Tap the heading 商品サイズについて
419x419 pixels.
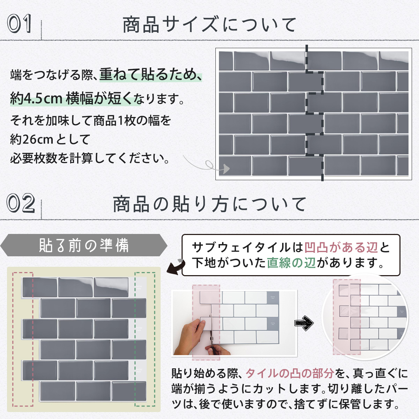tap(209, 25)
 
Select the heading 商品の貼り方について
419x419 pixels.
tap(209, 204)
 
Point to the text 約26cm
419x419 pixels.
tap(31, 139)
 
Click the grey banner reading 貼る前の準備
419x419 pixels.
tap(84, 245)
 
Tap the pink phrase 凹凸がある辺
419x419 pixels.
tap(341, 248)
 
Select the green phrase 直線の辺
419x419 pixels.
tap(291, 263)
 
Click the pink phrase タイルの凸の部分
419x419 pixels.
tap(290, 373)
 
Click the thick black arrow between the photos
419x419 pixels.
tap(304, 323)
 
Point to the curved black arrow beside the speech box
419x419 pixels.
tap(176, 267)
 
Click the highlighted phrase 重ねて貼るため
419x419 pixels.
tap(151, 75)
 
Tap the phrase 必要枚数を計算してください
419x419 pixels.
tap(89, 158)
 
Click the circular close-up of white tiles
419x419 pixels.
tap(365, 317)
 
